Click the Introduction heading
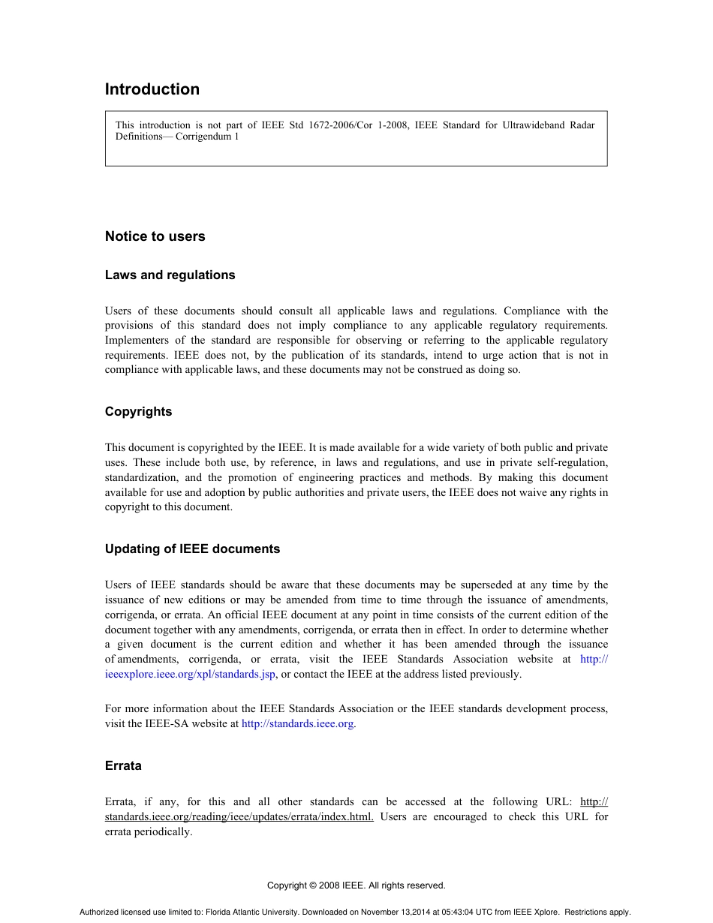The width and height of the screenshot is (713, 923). click(152, 89)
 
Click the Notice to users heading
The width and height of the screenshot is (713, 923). click(155, 236)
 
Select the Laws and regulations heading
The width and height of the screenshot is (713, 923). click(170, 275)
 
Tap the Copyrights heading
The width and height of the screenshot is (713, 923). click(138, 411)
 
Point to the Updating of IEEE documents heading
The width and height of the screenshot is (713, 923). click(192, 549)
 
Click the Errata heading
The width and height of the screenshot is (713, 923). click(123, 765)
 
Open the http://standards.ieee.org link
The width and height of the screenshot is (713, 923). click(298, 724)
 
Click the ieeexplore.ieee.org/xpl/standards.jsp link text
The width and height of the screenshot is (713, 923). click(190, 674)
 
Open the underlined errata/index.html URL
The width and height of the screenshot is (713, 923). click(239, 816)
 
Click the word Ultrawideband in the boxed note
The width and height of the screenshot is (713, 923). click(517, 125)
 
